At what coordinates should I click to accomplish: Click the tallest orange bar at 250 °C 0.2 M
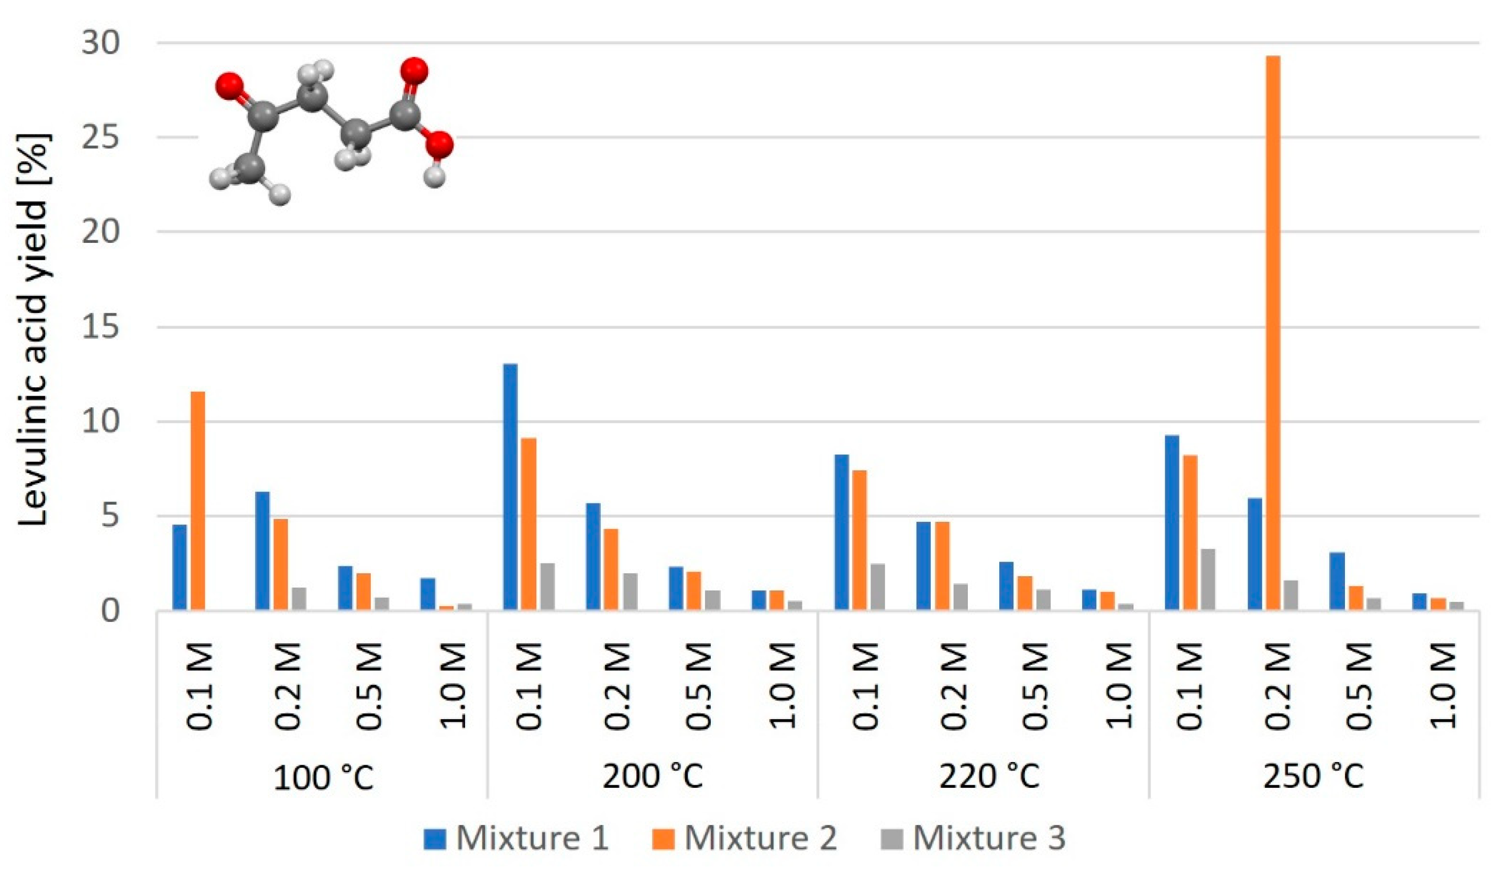(x=1273, y=333)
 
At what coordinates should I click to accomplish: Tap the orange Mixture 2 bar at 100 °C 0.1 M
(x=197, y=500)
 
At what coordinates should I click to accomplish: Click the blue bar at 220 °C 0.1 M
(x=842, y=532)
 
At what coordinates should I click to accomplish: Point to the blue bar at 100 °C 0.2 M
(x=262, y=550)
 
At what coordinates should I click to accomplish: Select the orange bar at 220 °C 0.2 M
(x=942, y=565)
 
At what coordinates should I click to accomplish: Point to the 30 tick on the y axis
(x=101, y=43)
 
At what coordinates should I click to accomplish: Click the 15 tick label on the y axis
(x=101, y=327)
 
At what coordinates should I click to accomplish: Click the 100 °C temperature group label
(x=323, y=777)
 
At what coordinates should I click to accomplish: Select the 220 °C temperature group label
(x=989, y=776)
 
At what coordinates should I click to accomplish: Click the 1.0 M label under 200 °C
(x=782, y=685)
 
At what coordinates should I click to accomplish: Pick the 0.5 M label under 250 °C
(x=1360, y=685)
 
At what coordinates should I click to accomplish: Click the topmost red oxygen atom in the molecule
(x=414, y=71)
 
